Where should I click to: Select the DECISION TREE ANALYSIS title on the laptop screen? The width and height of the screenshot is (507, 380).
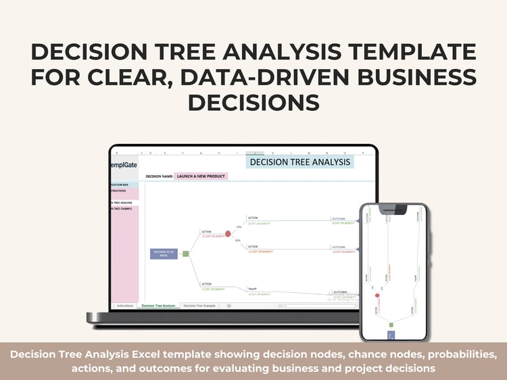[x=300, y=162]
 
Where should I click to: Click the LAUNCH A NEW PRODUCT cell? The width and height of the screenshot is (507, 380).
[x=201, y=176]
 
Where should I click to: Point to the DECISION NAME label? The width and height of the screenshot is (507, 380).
[x=159, y=176]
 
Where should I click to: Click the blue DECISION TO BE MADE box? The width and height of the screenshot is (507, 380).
[x=164, y=254]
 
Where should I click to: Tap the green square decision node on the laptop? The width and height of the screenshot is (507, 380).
[x=186, y=254]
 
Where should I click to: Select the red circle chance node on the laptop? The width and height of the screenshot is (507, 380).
[x=228, y=233]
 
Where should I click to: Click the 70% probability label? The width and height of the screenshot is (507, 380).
[x=238, y=227]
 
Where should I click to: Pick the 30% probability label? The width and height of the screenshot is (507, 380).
[x=237, y=240]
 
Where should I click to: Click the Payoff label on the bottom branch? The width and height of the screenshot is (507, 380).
[x=253, y=287]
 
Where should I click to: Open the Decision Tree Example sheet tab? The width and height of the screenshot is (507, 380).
[x=199, y=306]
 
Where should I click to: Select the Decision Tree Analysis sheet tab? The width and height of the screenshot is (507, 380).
[x=158, y=306]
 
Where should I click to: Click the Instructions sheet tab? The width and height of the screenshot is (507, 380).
[x=125, y=306]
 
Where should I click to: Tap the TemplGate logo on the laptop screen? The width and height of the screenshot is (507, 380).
[x=122, y=164]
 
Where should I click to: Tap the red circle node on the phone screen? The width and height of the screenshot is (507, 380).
[x=377, y=295]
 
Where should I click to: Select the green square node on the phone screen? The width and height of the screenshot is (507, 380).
[x=391, y=325]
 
